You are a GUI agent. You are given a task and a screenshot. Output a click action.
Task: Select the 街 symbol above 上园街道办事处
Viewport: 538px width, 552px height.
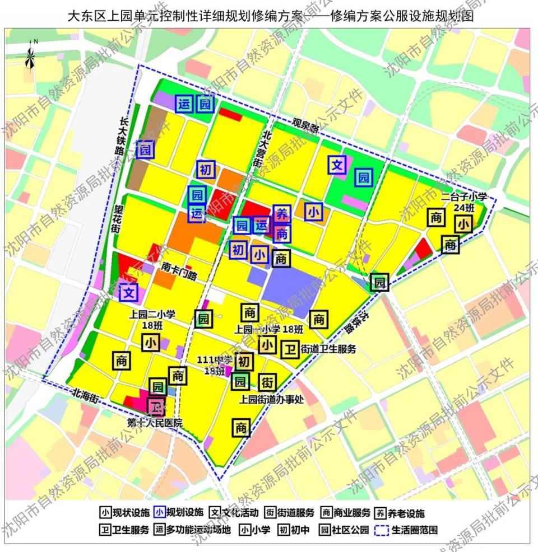click(267, 383)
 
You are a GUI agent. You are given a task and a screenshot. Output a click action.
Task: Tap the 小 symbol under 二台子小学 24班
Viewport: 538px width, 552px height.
click(463, 224)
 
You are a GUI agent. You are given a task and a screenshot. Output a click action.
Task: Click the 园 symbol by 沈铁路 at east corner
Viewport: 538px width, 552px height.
click(379, 282)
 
